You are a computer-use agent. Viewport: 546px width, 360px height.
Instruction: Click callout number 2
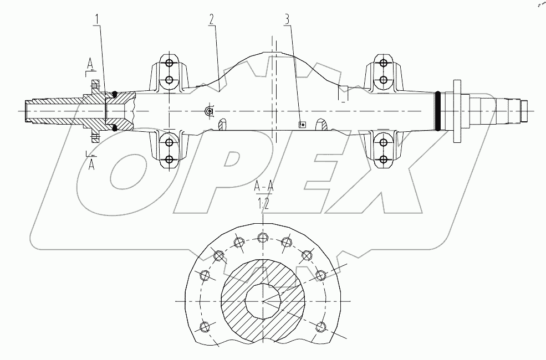[x=212, y=19]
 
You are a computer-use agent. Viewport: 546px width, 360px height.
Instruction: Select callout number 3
[x=287, y=19]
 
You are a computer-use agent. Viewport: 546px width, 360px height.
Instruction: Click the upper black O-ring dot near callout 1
[x=115, y=94]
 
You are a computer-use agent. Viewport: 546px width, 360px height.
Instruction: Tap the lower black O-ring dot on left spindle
[x=115, y=128]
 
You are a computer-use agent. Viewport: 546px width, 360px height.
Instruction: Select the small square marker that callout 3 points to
[x=302, y=125]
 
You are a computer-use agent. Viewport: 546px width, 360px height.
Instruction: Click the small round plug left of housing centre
[x=210, y=111]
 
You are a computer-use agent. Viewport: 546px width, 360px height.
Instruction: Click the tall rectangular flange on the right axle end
[x=458, y=111]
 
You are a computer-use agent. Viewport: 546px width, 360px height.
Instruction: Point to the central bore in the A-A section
[x=263, y=301]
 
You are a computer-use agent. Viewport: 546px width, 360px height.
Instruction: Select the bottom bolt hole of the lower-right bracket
[x=383, y=160]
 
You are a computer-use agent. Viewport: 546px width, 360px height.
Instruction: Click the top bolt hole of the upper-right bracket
[x=383, y=61]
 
